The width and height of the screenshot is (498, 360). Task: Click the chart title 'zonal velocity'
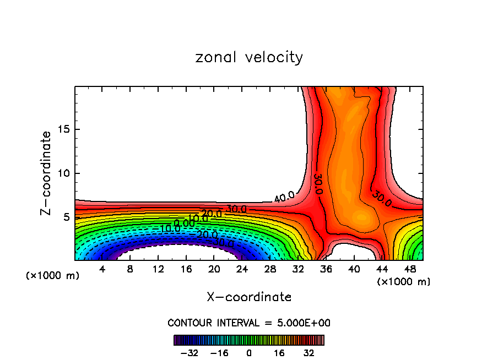(x=249, y=57)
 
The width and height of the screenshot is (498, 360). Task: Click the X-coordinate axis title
(x=249, y=297)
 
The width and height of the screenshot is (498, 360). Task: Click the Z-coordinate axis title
(x=46, y=173)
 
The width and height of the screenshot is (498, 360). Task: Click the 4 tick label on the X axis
(x=102, y=269)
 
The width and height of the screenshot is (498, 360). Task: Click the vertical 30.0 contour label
(x=318, y=183)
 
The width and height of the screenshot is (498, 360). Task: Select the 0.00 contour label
(x=185, y=223)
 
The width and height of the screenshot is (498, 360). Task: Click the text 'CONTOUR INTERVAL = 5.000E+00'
(x=249, y=323)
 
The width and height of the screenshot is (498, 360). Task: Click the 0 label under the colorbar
(x=249, y=353)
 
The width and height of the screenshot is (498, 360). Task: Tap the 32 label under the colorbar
(x=309, y=353)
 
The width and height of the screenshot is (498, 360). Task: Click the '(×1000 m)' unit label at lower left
(x=53, y=276)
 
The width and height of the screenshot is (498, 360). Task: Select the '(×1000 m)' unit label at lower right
(x=404, y=282)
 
